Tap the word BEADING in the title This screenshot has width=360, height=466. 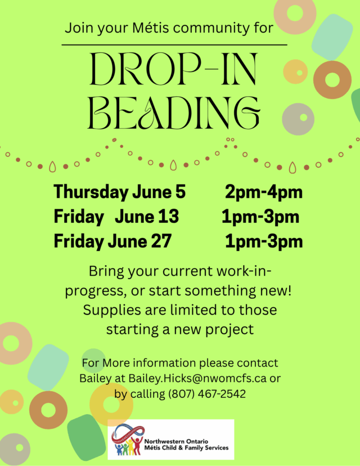(174, 113)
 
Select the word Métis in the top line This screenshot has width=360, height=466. (151, 28)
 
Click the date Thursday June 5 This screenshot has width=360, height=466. (119, 192)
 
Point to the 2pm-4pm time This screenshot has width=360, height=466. (264, 192)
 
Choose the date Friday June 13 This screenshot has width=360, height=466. (116, 216)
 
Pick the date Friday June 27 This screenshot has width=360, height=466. (112, 241)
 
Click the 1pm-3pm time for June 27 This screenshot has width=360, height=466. (264, 241)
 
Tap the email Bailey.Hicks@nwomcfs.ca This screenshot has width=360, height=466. (197, 378)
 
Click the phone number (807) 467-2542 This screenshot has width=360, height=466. (207, 394)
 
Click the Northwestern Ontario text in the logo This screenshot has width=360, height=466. (176, 442)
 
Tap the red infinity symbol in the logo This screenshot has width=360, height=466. (128, 433)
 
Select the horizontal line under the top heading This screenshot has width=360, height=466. (174, 45)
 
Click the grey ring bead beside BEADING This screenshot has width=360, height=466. (298, 119)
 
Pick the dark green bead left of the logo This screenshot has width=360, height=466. (87, 437)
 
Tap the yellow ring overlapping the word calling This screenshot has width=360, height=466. (111, 405)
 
